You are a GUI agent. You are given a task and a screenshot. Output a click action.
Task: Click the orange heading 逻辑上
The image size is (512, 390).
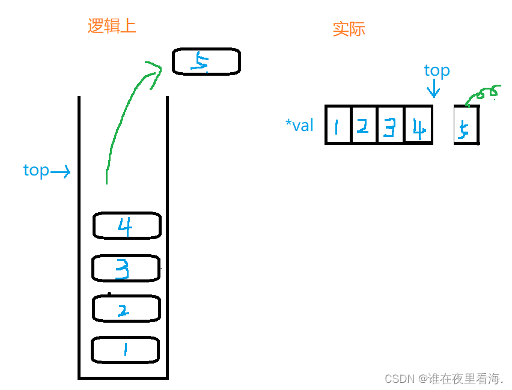pos(112,26)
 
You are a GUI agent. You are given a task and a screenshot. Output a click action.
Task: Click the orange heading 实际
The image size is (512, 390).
pos(349,29)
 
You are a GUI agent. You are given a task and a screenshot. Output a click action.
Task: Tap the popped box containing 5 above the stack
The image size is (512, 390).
pos(206,61)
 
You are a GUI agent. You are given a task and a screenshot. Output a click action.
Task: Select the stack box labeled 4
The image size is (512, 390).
pos(127,226)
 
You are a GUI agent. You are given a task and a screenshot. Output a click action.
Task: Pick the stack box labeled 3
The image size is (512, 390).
pos(126,268)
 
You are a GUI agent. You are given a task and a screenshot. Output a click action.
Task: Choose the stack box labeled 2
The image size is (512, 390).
pos(126,309)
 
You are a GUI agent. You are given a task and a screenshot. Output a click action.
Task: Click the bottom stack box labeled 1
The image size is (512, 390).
pos(125,350)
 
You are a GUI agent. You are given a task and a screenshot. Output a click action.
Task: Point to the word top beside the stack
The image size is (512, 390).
pos(36,171)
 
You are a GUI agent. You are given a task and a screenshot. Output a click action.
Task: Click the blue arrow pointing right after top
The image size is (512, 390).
pos(61,172)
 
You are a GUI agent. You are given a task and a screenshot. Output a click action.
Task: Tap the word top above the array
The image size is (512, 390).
pos(437,71)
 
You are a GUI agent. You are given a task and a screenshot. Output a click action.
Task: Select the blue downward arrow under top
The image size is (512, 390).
pos(433,90)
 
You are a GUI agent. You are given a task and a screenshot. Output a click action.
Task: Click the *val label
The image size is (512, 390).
pos(299,125)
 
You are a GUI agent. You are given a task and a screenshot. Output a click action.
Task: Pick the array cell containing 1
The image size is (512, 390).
pos(338,125)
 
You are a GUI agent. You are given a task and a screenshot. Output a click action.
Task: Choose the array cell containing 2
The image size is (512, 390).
pos(364,125)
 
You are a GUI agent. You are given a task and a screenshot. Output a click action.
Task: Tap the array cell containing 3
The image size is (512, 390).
pos(391,125)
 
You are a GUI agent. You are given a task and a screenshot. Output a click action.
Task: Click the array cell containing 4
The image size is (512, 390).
pos(418,125)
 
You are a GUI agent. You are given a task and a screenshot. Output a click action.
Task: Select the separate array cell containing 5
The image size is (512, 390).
pos(466,126)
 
